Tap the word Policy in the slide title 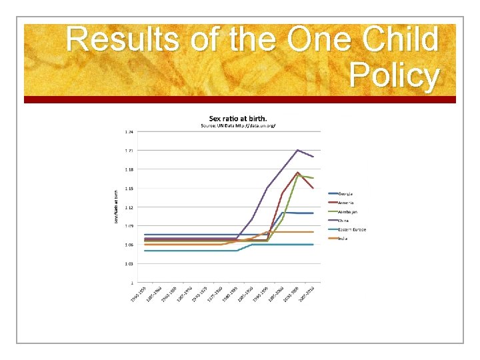pos(393,76)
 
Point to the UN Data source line pos(238,126)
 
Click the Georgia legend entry pos(350,193)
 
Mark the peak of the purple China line pos(297,150)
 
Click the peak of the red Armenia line pos(298,173)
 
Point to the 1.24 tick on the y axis pos(129,132)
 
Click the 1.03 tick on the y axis pos(129,263)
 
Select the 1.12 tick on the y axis pos(129,207)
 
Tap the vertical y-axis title pos(117,207)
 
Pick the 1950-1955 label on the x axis pos(138,294)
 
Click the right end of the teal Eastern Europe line pos(313,245)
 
